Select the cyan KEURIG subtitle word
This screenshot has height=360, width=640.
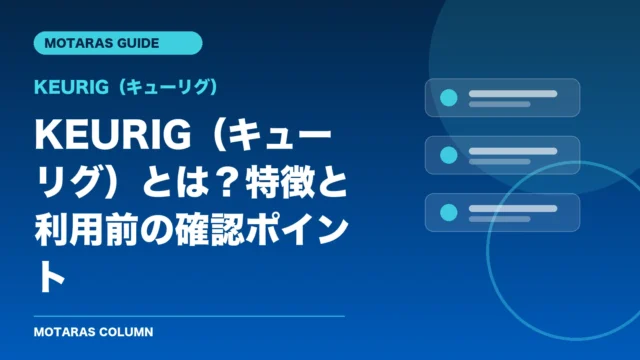[72, 87]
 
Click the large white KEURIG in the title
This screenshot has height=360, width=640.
[113, 135]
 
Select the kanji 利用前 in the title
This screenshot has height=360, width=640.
[87, 231]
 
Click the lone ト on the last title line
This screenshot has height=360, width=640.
[51, 278]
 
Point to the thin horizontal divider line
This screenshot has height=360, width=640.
[189, 316]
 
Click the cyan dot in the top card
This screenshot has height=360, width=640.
[449, 98]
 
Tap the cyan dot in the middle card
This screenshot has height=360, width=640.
[449, 155]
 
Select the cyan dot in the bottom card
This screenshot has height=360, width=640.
[449, 212]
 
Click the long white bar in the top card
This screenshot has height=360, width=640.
[513, 94]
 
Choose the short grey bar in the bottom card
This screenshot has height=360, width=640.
[500, 219]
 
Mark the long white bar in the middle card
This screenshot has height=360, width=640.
[513, 151]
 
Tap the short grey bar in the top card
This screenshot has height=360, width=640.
[500, 104]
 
